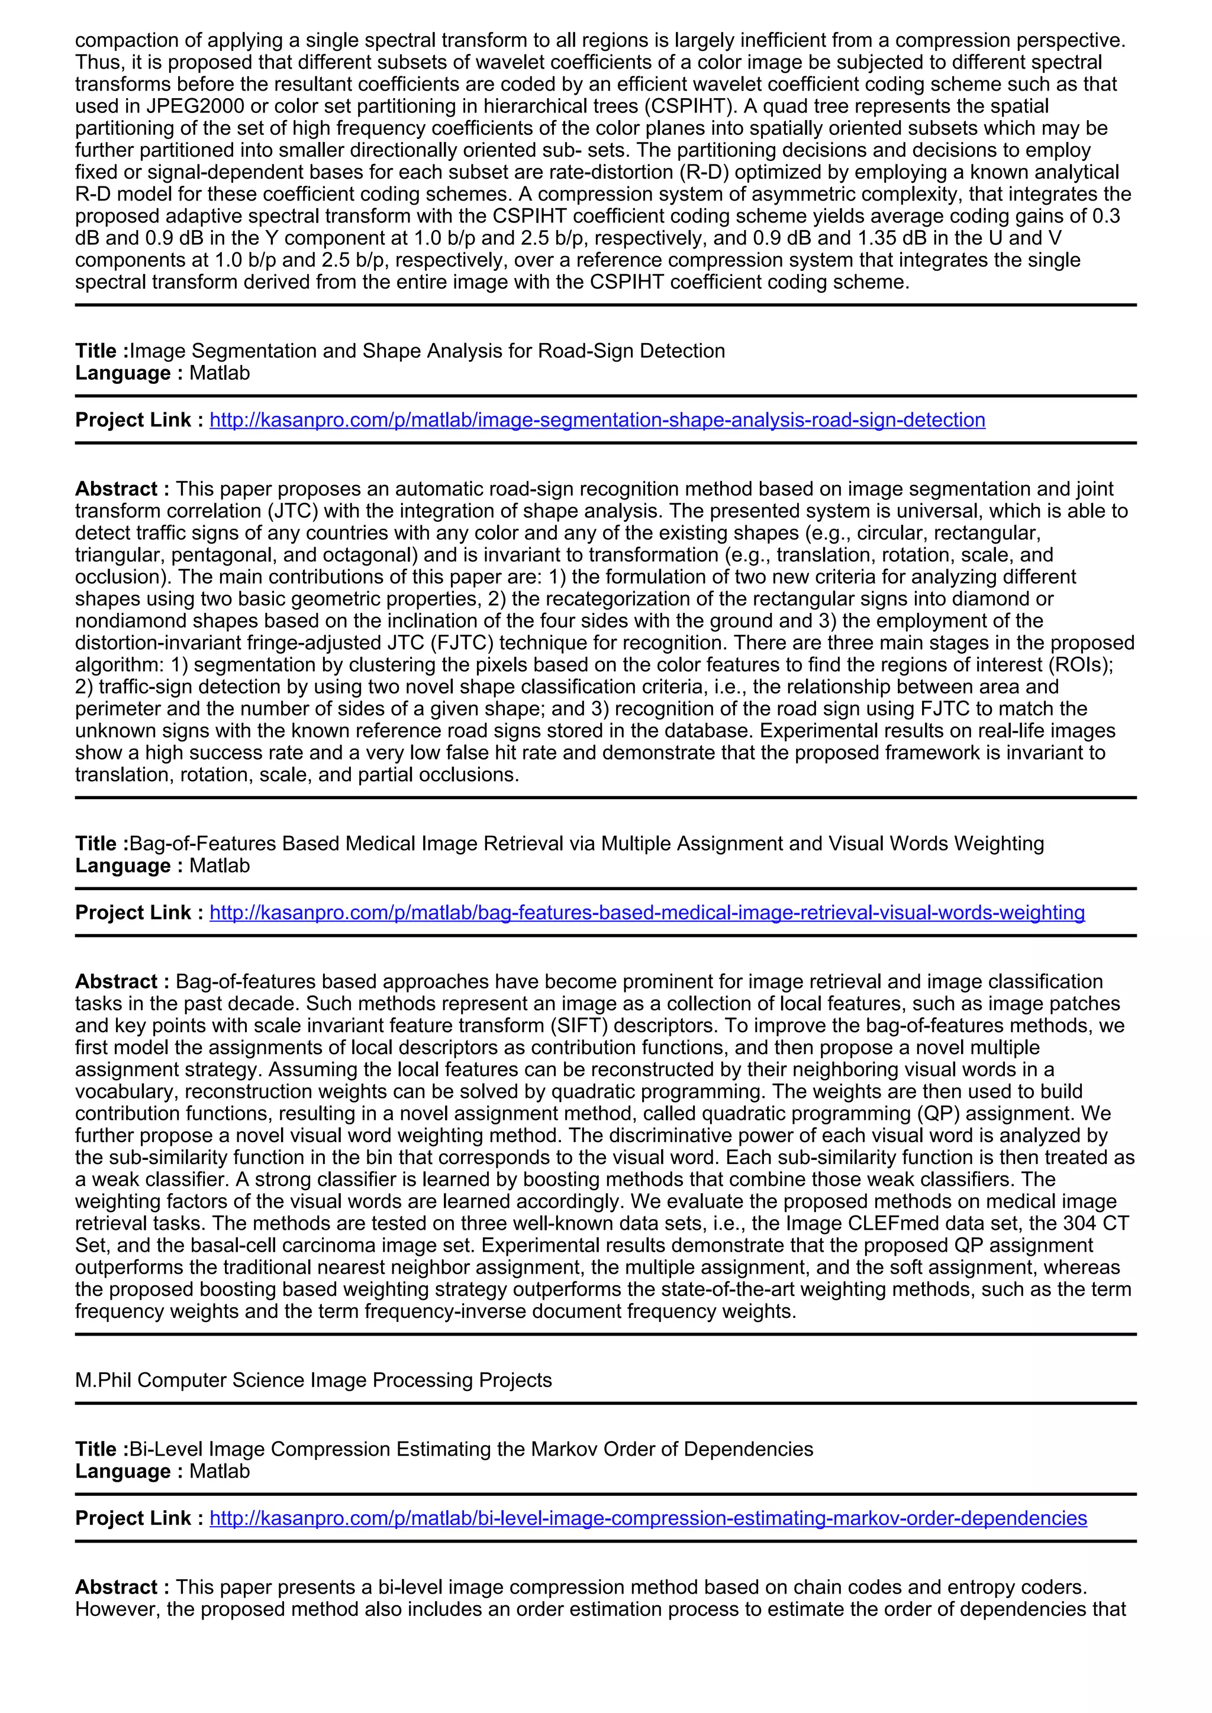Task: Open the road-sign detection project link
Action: pyautogui.click(x=597, y=420)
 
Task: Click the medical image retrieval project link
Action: pyautogui.click(x=646, y=913)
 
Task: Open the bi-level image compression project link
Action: pyautogui.click(x=648, y=1518)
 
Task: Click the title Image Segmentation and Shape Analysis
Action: pyautogui.click(x=427, y=351)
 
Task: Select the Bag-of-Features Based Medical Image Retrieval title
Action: pyautogui.click(x=586, y=844)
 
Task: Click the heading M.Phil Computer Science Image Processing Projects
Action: pyautogui.click(x=314, y=1380)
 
